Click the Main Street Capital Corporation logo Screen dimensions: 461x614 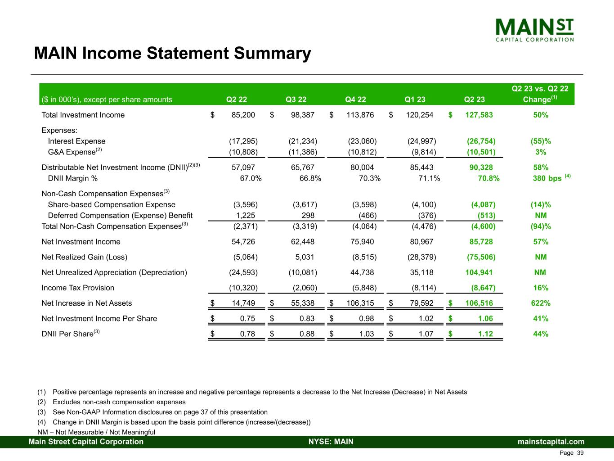coord(534,29)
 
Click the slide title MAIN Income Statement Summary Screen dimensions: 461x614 coord(172,54)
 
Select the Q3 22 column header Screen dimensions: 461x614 coord(296,99)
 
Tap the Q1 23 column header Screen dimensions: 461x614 coord(415,99)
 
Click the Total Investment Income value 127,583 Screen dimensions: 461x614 coord(478,115)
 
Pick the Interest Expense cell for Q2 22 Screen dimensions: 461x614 coord(243,141)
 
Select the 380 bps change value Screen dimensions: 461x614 coord(547,178)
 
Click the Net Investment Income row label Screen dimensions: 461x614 coord(81,242)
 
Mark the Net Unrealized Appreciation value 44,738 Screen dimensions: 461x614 coord(362,272)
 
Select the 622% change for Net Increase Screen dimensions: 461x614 coord(541,303)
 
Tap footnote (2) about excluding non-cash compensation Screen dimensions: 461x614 coord(119,402)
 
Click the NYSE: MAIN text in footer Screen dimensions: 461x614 coord(331,442)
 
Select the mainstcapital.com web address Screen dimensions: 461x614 coord(551,442)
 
